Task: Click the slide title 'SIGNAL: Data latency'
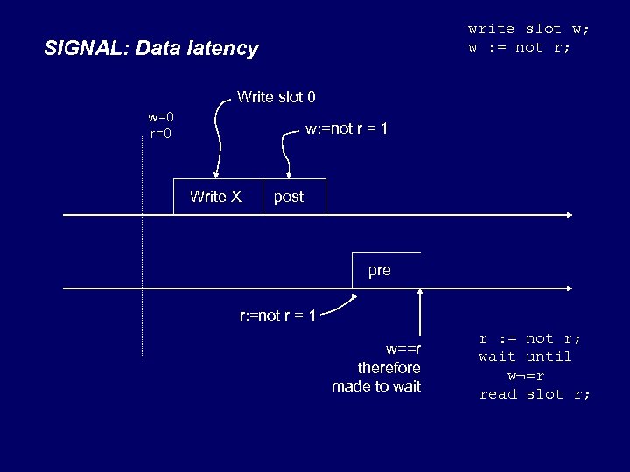point(151,48)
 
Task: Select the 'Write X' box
point(215,197)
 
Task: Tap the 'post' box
point(293,197)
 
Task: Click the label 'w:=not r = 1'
point(346,129)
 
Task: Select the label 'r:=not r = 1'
point(278,315)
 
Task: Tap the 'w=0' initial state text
point(161,117)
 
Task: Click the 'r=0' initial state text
point(161,134)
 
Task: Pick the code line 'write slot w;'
point(528,29)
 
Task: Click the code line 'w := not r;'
point(519,47)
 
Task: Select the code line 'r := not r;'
point(530,338)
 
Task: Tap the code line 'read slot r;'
point(535,394)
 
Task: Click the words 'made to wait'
point(376,386)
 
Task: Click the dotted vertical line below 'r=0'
point(142,262)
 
